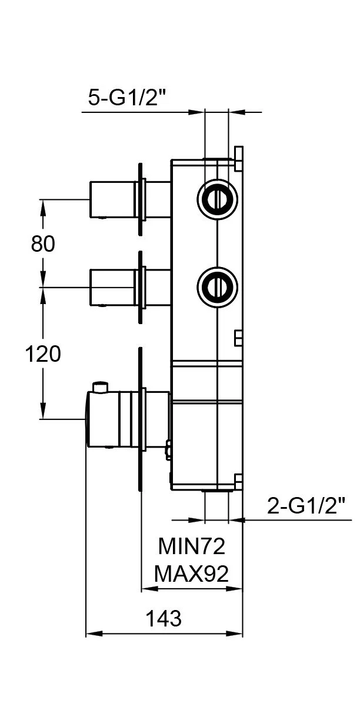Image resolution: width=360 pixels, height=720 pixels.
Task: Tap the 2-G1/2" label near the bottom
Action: [306, 506]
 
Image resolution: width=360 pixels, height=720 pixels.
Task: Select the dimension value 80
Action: [43, 244]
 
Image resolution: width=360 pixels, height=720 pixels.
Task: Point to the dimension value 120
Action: [43, 354]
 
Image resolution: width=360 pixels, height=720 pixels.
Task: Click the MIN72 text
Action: [192, 546]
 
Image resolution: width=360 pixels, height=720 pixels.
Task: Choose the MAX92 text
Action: [191, 574]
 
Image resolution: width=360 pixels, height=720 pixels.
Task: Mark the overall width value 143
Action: [164, 618]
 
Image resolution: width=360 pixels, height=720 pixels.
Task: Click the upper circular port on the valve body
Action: [217, 199]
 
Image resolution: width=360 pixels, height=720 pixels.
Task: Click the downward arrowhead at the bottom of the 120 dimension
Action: [43, 411]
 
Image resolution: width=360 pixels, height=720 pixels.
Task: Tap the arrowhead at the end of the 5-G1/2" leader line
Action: [196, 112]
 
